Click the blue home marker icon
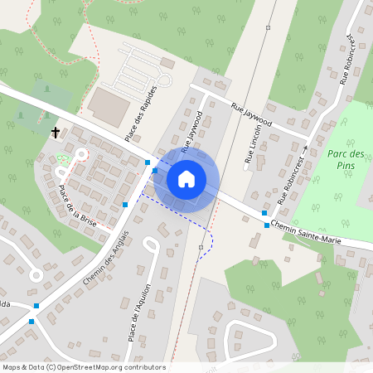tap(186, 178)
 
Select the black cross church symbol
tap(56, 132)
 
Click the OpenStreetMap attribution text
tap(83, 367)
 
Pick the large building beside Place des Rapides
tap(109, 104)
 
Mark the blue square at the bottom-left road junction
tap(31, 321)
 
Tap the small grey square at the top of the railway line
tap(268, 27)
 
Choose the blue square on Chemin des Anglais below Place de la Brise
tap(125, 204)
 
